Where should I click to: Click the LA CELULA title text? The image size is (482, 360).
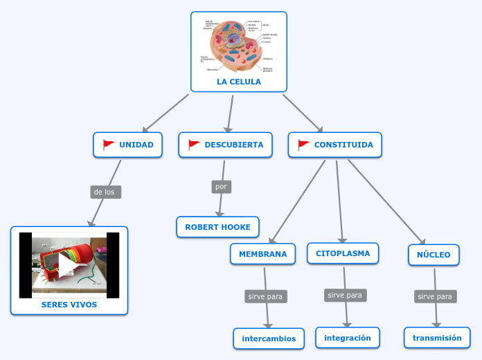238,82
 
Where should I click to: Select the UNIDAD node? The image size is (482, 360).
128,145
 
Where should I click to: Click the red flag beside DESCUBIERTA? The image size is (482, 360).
194,145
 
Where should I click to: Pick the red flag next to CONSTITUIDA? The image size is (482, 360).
303,145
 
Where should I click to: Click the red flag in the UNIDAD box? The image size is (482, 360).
109,145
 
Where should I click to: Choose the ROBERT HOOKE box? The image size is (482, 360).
217,227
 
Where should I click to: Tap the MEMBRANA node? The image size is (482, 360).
262,254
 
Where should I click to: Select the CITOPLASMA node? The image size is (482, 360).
343,253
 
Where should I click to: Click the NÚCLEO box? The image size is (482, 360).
434,255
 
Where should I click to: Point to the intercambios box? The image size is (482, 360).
269,339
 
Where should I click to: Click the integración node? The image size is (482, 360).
347,338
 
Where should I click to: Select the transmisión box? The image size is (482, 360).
437,338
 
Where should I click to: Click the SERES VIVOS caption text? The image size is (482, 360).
69,305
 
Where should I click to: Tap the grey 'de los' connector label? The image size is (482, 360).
105,192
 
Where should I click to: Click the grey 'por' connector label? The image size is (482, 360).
221,187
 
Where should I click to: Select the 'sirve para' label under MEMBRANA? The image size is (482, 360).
265,296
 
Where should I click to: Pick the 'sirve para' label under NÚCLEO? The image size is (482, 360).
435,296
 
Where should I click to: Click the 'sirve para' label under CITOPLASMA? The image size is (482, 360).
345,295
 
